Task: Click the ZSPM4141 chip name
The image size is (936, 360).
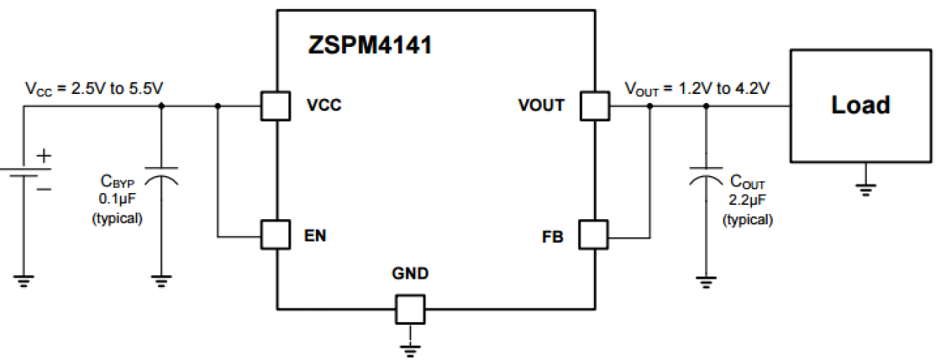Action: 370,46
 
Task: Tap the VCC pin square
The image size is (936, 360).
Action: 276,106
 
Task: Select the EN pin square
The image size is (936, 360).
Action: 276,234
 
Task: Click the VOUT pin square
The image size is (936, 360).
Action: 594,106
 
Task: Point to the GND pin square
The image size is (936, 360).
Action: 409,308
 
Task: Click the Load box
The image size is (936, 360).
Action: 861,105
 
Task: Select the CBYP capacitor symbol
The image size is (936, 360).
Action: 162,176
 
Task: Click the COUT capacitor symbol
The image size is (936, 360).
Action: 706,176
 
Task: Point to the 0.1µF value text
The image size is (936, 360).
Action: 117,200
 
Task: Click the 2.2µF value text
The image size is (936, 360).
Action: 747,200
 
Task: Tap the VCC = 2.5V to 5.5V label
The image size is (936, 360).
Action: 95,89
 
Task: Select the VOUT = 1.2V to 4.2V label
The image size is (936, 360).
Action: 697,89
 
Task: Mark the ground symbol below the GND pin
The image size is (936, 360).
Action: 409,348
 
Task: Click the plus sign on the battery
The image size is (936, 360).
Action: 45,156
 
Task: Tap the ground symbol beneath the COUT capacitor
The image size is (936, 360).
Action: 706,281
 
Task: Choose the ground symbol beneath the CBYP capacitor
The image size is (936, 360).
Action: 162,281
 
